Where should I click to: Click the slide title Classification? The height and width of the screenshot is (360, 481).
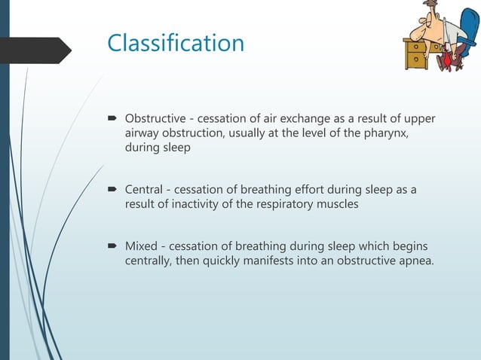pos(176,43)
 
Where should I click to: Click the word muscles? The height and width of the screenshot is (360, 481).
pos(340,203)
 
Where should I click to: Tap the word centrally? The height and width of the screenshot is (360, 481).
pos(149,262)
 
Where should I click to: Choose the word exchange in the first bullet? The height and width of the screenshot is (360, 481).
pos(280,119)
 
